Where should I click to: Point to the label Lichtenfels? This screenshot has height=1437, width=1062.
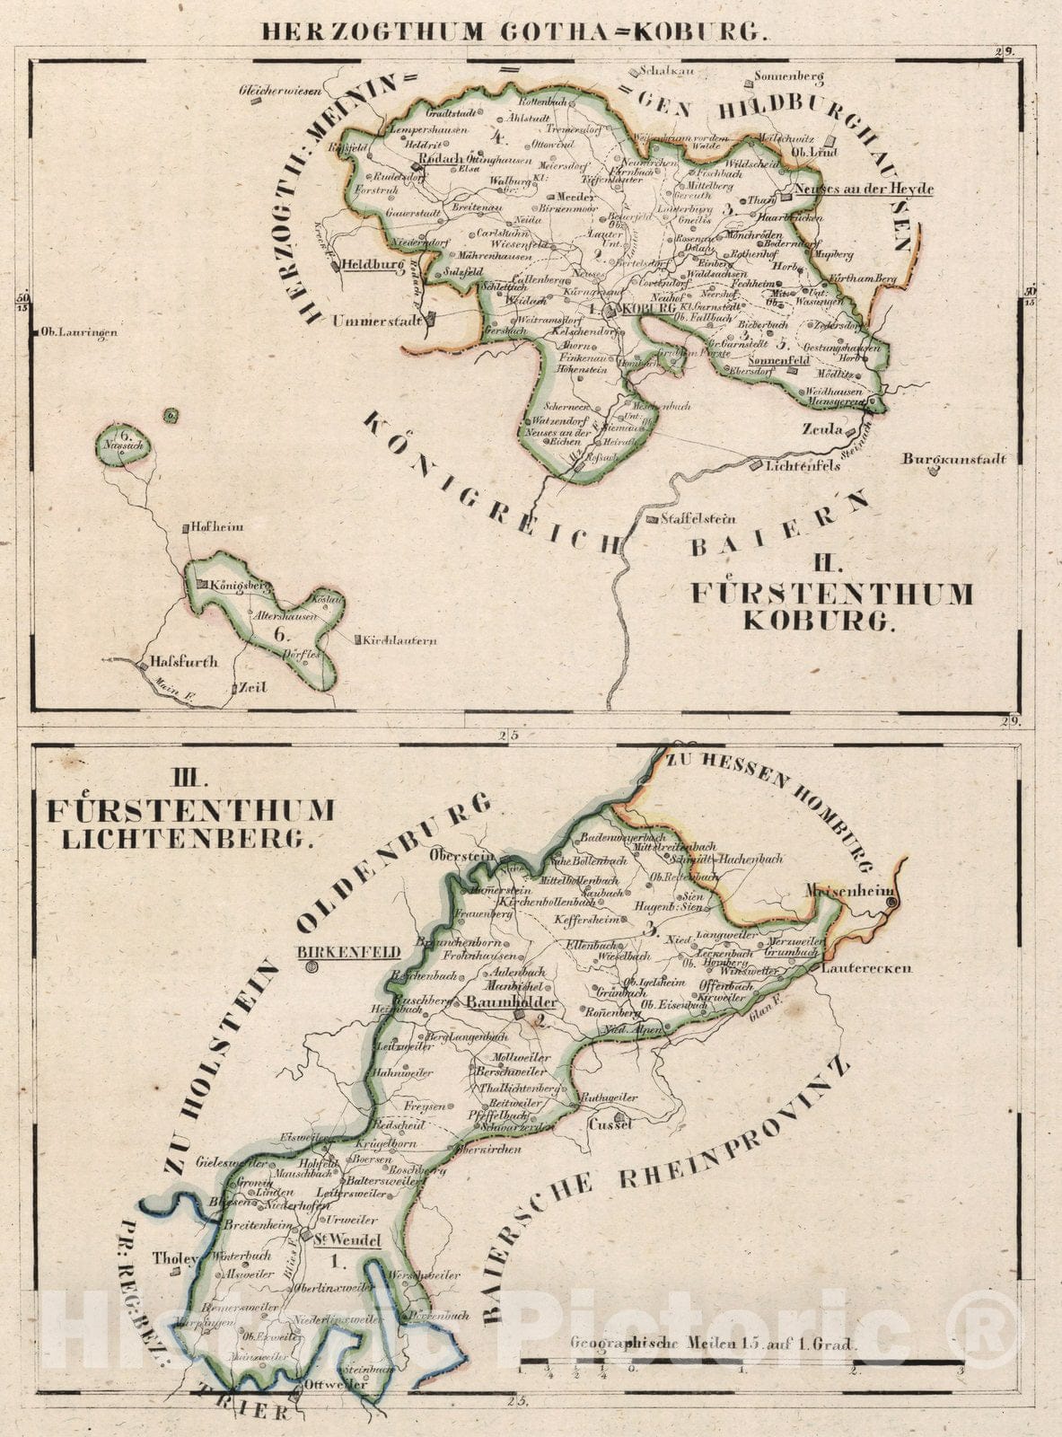[x=803, y=465]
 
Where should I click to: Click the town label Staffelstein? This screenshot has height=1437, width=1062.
[x=698, y=518]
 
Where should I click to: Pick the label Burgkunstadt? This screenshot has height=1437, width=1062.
[x=954, y=459]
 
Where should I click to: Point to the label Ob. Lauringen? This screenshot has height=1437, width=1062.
[x=80, y=333]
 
